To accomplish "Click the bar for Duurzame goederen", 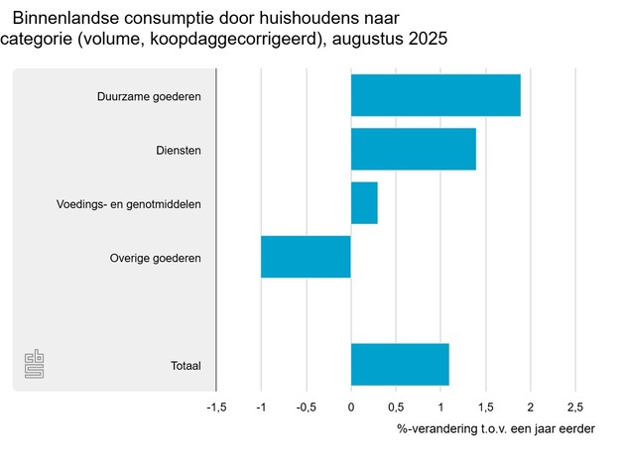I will (x=435, y=95).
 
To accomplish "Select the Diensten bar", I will (x=413, y=150).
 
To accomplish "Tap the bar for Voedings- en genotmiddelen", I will (x=364, y=203).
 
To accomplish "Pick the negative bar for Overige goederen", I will (x=306, y=258).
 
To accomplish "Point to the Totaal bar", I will (x=400, y=365).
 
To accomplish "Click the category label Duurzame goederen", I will (x=149, y=96).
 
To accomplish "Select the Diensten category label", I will (x=179, y=151).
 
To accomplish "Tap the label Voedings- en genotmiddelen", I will (x=129, y=204).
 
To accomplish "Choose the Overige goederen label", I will (x=156, y=259).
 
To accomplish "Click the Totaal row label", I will (x=186, y=366).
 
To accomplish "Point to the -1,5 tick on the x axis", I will (x=215, y=408).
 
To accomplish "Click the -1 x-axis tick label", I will (x=260, y=408).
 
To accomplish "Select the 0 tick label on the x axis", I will (x=351, y=408).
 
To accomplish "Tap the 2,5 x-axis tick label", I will (x=574, y=408).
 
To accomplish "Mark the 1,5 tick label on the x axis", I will (x=485, y=408).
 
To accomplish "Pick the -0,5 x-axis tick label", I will (x=305, y=408).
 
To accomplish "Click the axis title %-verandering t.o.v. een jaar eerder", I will (x=496, y=429).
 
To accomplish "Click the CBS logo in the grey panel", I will (x=35, y=363).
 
